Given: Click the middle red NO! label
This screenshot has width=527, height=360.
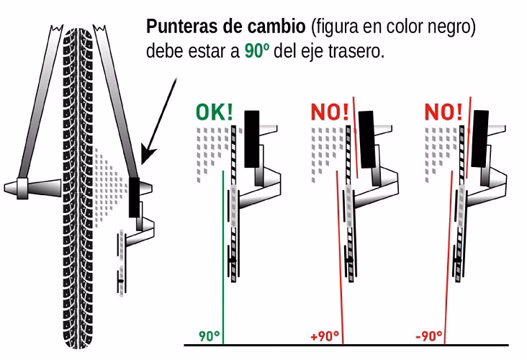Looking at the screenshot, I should click(x=330, y=113).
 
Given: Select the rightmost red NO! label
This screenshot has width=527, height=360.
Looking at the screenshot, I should click(x=445, y=113).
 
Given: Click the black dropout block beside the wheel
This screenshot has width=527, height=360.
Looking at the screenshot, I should click(x=135, y=197).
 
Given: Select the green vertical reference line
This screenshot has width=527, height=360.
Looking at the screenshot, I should click(x=224, y=274).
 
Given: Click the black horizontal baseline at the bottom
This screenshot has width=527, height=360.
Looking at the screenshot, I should click(x=346, y=346).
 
